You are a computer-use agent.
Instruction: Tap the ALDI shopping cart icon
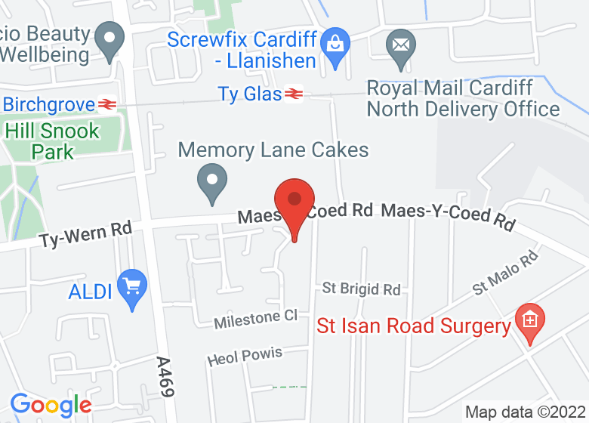[134, 288]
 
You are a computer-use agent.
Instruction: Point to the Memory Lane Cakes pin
[212, 182]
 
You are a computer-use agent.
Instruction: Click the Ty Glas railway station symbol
[294, 94]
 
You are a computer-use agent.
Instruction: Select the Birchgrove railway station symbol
[106, 104]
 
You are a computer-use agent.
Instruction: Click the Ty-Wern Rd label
[85, 233]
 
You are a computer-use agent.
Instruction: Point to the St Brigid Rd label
[361, 289]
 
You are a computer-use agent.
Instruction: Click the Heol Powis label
[244, 355]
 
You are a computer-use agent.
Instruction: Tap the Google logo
[50, 405]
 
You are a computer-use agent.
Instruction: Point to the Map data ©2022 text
[524, 412]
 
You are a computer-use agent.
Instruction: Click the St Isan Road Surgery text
[413, 326]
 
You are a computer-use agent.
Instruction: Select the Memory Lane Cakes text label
[273, 150]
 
